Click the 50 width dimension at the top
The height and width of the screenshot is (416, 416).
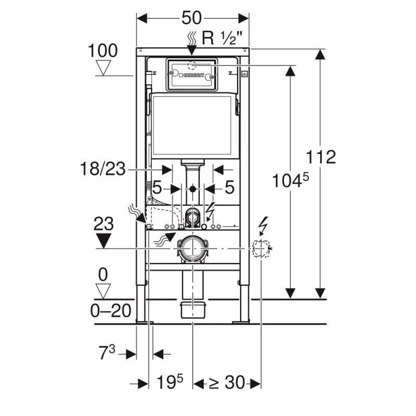tap(192, 18)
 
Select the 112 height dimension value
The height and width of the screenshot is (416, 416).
tap(321, 157)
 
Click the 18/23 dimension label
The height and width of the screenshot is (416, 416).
tap(103, 169)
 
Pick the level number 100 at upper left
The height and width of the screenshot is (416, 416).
tap(102, 50)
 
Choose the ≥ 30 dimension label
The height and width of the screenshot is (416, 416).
tap(226, 384)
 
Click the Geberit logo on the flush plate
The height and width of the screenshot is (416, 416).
tap(191, 76)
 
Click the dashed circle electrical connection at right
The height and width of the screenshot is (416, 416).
tap(260, 249)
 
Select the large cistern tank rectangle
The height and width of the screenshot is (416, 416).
tap(193, 125)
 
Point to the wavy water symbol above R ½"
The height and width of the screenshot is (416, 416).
tap(191, 37)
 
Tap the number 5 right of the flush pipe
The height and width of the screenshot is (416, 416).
tap(229, 188)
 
